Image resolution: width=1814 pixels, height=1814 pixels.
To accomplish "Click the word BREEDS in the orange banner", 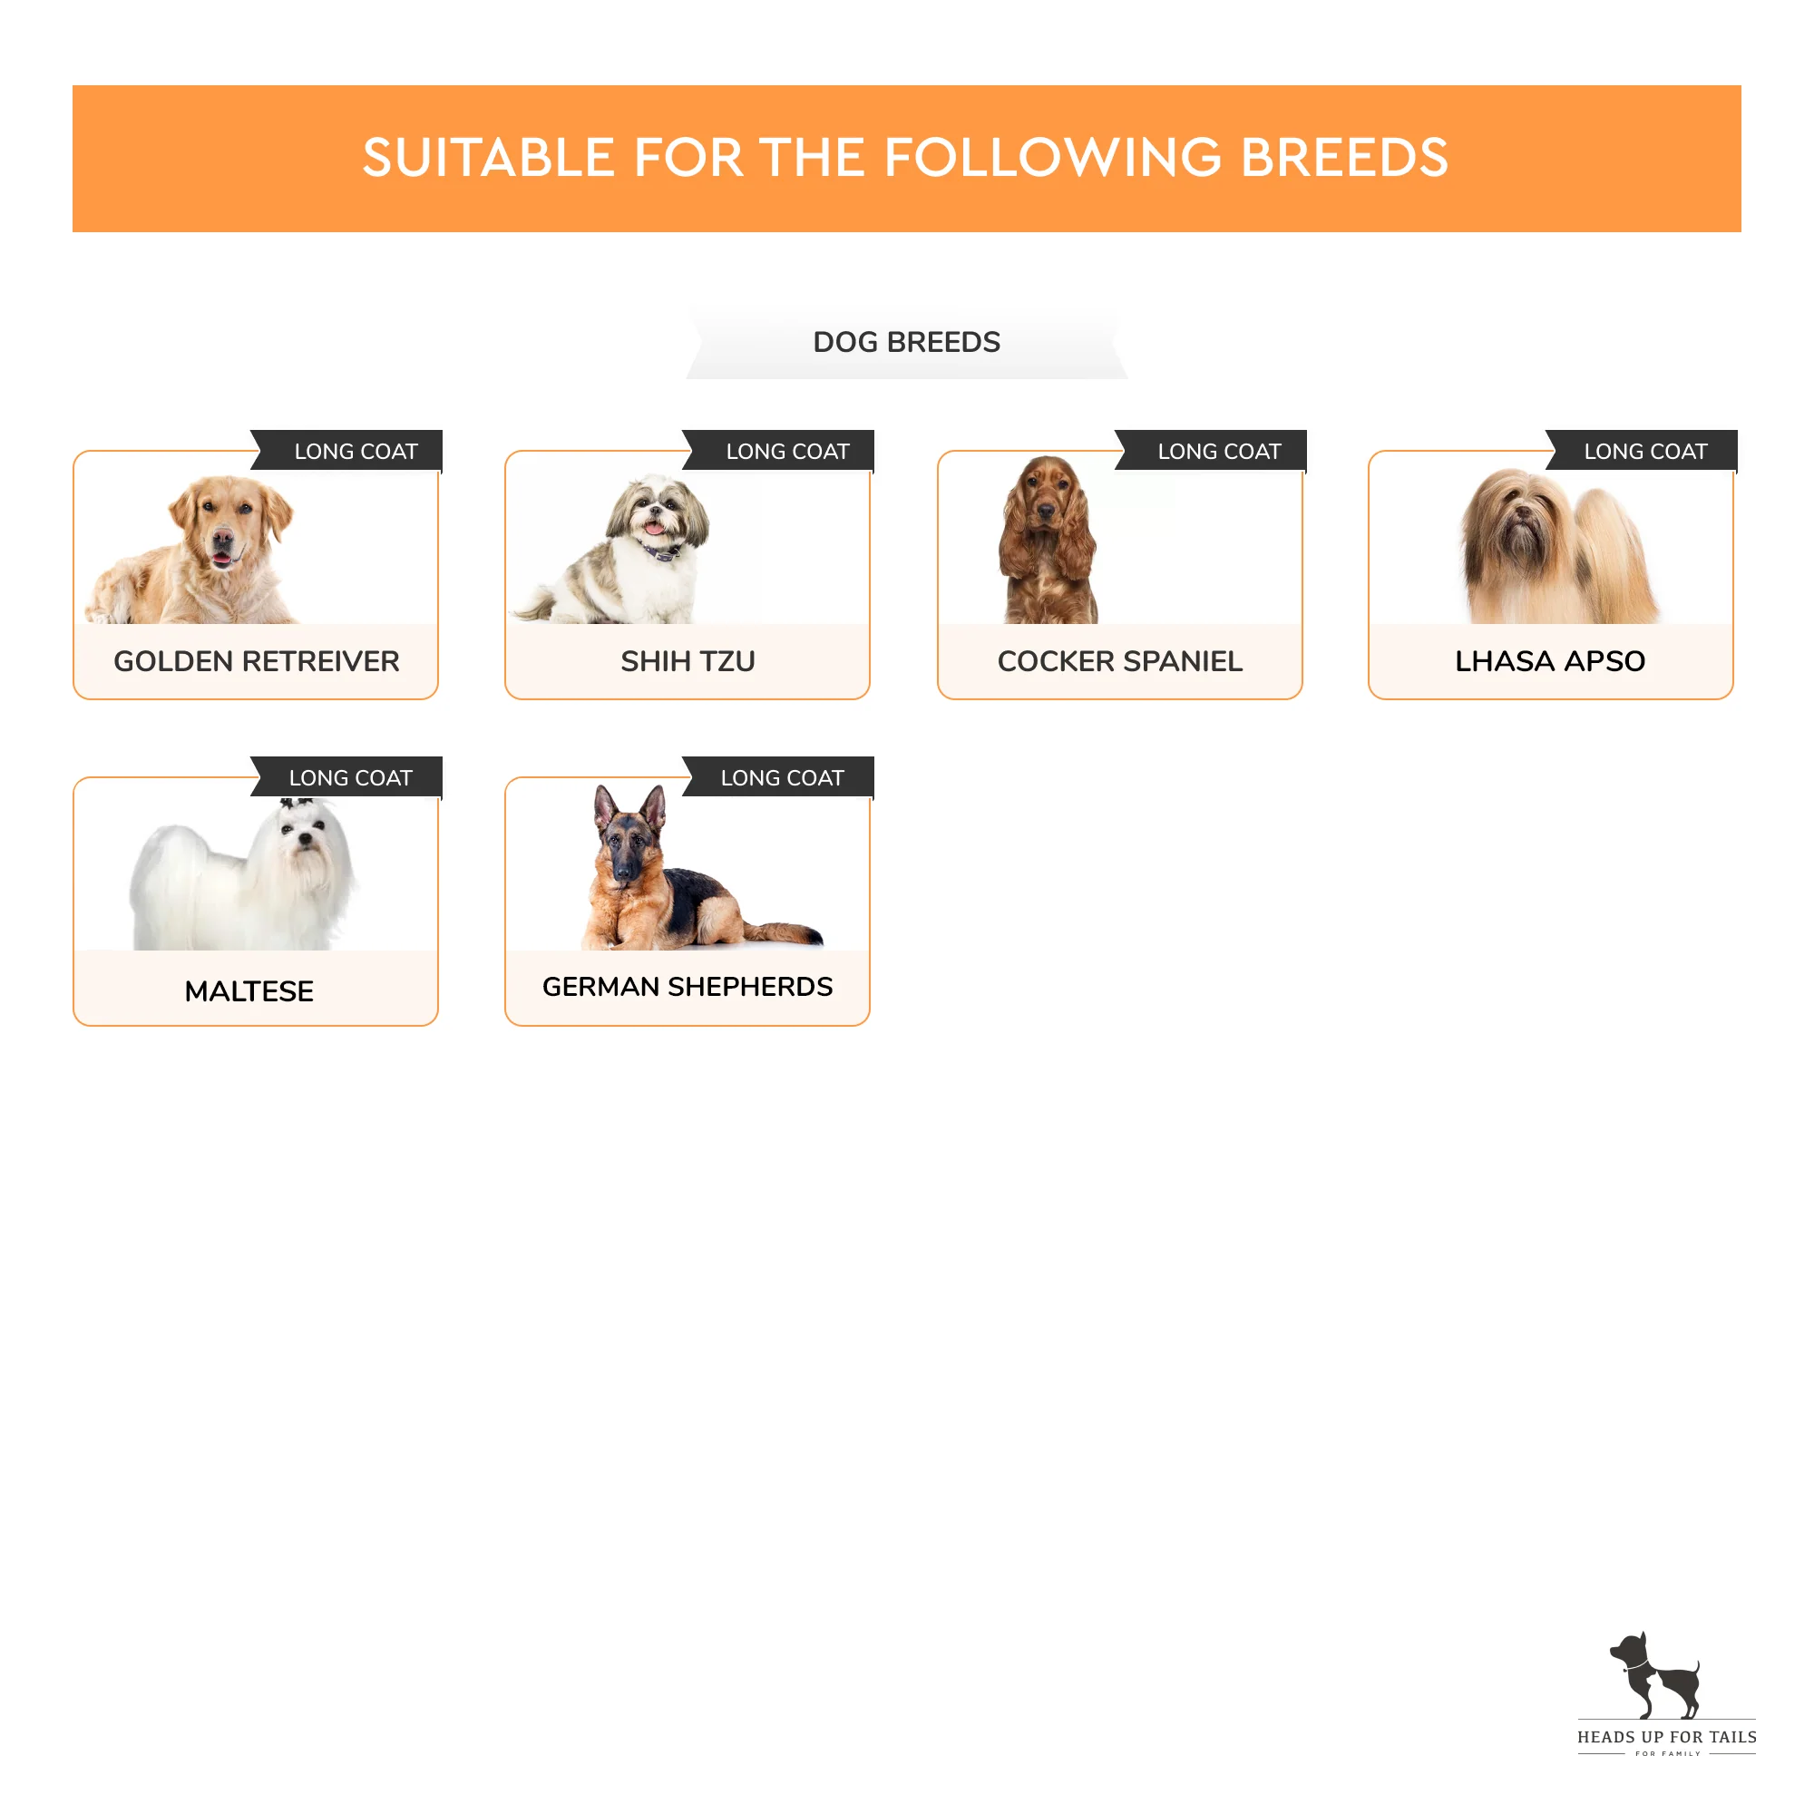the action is click(x=1344, y=158).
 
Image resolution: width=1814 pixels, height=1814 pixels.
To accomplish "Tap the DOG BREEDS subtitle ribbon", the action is click(x=906, y=342).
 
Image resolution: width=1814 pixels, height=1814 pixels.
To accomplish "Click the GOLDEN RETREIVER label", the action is click(x=257, y=661).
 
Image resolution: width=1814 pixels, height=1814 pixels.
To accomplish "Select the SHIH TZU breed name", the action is click(x=688, y=661).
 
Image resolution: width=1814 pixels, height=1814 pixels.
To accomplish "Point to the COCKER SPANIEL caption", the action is click(x=1119, y=661).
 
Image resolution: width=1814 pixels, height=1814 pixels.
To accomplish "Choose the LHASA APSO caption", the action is click(x=1550, y=661).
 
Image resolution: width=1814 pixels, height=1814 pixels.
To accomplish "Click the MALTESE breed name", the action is click(x=249, y=990).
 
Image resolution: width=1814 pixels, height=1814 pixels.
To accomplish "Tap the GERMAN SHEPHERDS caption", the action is click(x=688, y=986).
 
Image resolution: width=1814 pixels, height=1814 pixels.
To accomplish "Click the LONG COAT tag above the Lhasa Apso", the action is click(x=1642, y=451).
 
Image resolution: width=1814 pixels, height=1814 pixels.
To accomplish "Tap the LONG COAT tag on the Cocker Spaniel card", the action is click(x=1210, y=451).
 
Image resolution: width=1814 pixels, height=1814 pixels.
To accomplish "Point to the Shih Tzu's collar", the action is click(x=662, y=552).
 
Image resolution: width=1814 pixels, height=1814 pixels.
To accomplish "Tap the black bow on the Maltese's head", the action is click(x=298, y=804).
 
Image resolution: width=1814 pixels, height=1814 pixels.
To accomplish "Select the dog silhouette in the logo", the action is click(x=1655, y=1676).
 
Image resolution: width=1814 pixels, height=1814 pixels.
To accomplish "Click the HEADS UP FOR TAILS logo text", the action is click(x=1666, y=1737).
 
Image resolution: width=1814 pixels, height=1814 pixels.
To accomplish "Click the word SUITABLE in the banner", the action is click(x=488, y=158).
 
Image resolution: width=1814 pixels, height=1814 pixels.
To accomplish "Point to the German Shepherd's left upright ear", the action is click(x=606, y=805).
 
